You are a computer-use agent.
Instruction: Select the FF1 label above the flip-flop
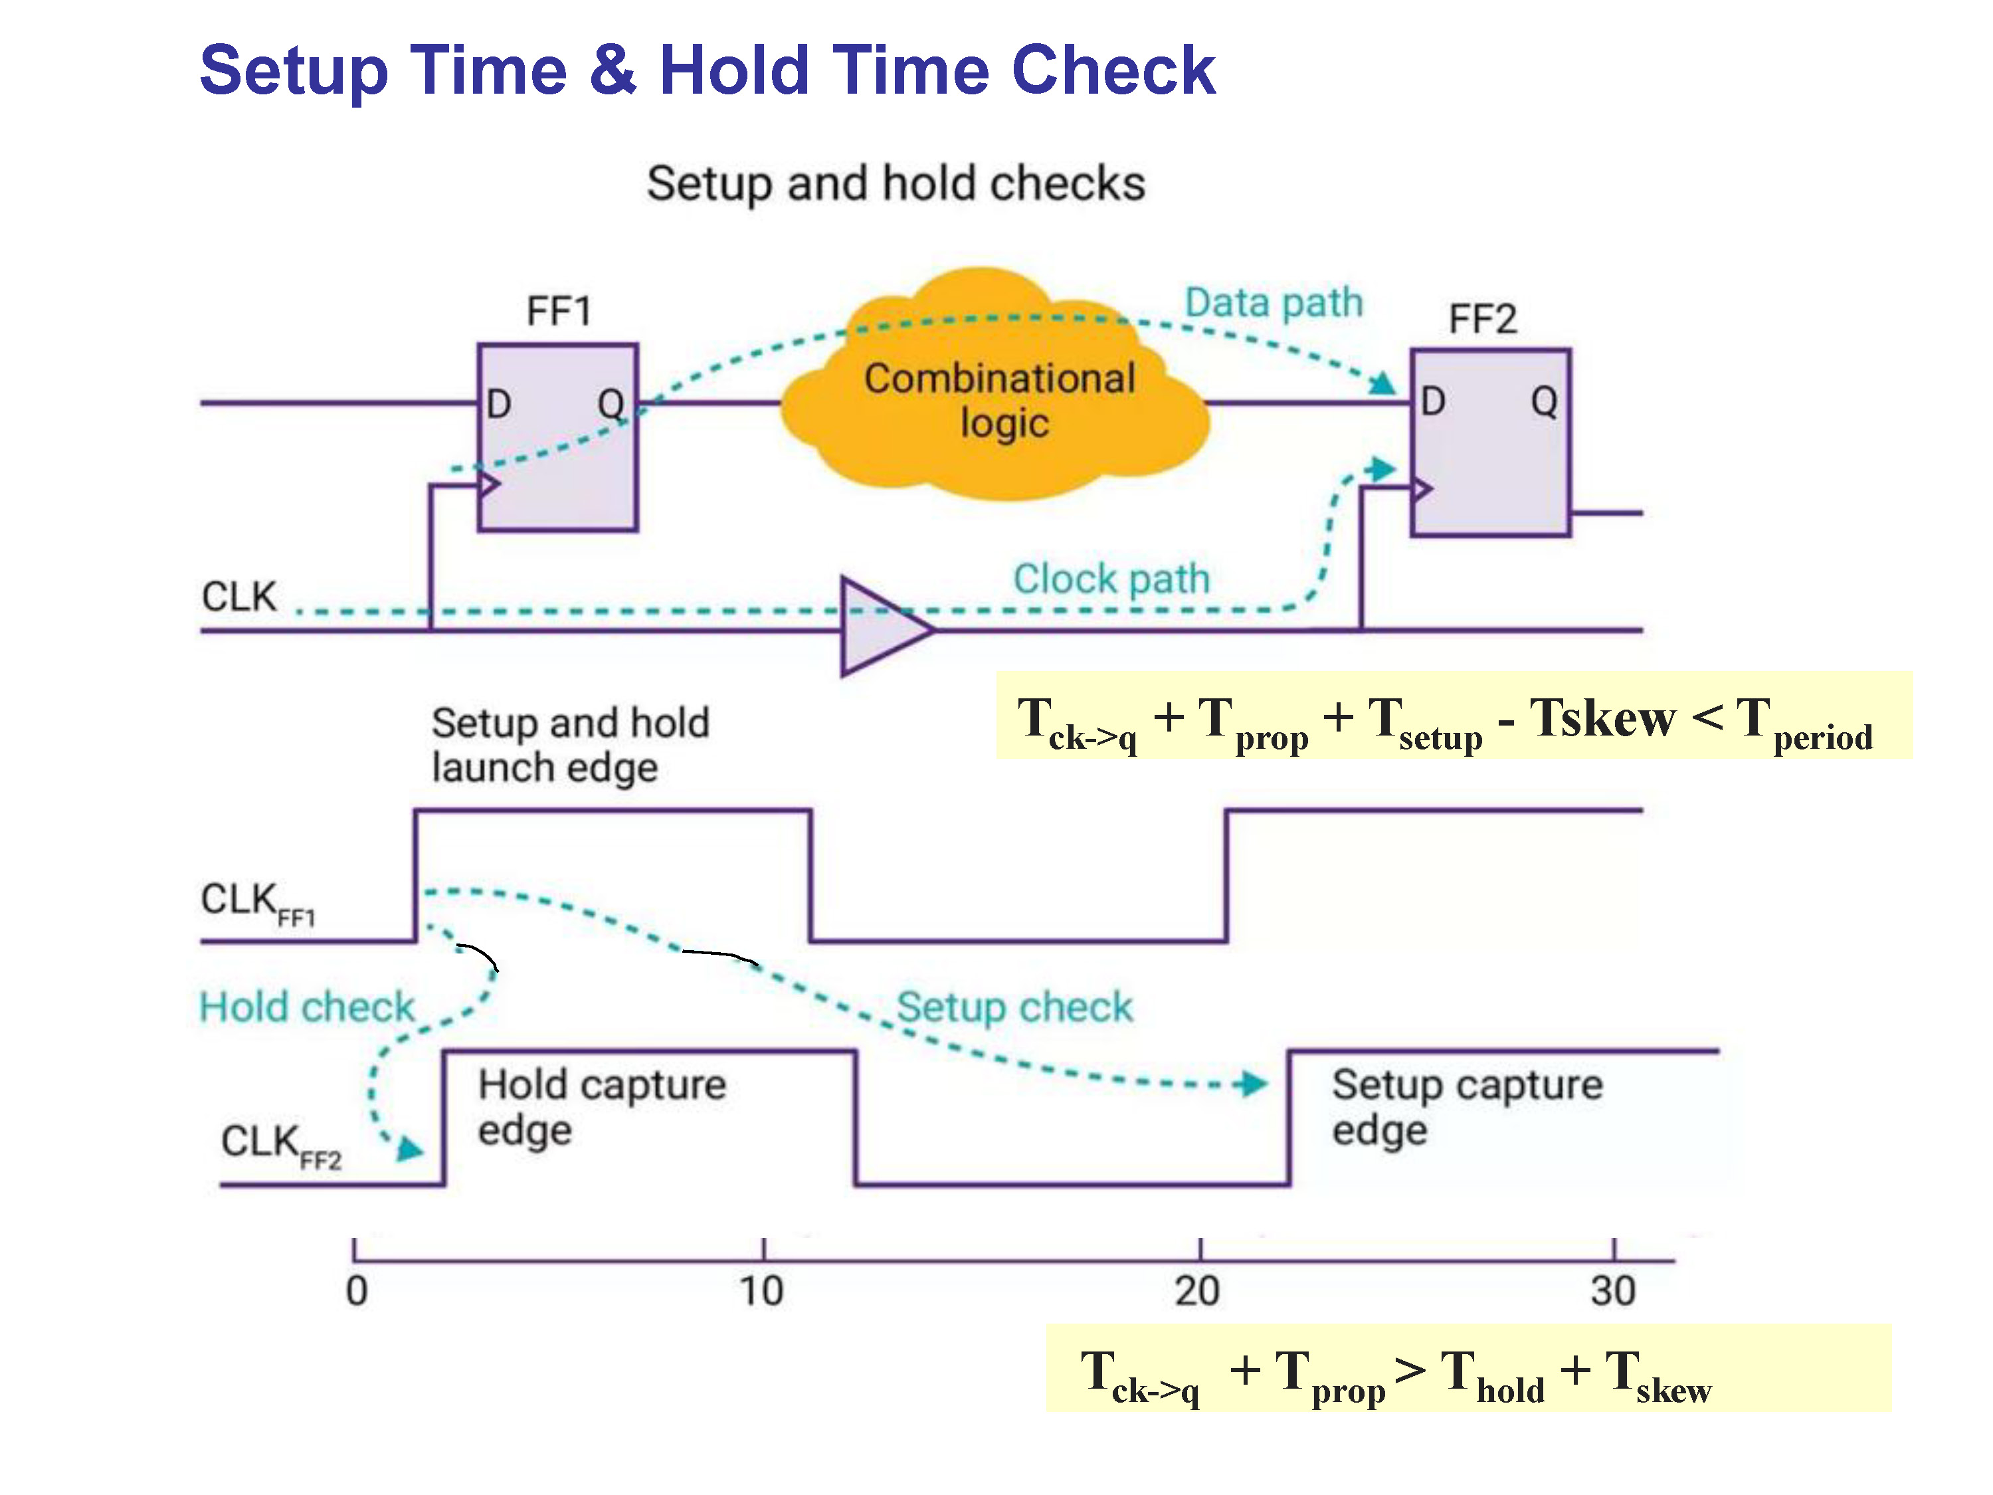point(559,312)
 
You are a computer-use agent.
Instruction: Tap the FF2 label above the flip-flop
point(1482,319)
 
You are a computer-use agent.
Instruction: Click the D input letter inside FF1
point(498,404)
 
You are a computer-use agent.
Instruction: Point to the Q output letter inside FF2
point(1545,402)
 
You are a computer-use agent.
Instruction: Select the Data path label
point(1273,303)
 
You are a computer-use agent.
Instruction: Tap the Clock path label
point(1111,579)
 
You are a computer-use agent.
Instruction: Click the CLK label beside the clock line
point(238,597)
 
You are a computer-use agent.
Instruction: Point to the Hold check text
point(306,1007)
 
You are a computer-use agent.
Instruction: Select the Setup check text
point(1014,1007)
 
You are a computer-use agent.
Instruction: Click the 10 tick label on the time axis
point(762,1291)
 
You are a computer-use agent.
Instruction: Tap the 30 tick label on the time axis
point(1613,1291)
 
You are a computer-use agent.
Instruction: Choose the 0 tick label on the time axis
point(357,1291)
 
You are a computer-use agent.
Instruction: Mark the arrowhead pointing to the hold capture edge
point(410,1149)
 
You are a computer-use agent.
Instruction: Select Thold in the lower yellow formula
point(1493,1376)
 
